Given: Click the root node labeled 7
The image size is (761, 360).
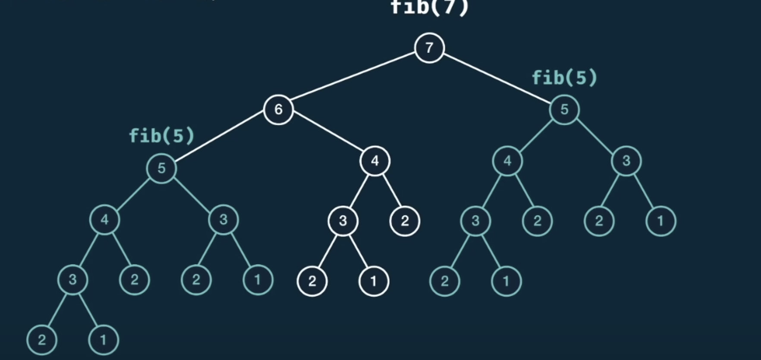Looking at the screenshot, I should point(429,47).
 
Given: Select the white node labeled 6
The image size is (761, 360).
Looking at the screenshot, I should point(278,109).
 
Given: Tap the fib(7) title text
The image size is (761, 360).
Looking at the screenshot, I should point(429,7).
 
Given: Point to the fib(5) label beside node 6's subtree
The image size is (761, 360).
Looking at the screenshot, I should point(162,136).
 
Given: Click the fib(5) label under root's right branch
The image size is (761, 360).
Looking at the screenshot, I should point(564,78).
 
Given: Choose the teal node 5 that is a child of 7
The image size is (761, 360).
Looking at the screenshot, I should point(564,109).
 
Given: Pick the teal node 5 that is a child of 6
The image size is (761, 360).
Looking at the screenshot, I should point(161,168).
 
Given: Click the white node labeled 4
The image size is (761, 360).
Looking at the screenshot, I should point(375,161).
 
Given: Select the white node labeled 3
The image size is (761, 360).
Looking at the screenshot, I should point(343,221).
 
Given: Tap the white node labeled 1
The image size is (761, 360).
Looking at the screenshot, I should point(374,281).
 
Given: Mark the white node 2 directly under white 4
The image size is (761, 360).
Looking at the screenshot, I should point(405,221).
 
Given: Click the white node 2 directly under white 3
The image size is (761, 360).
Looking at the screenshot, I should point(312,281).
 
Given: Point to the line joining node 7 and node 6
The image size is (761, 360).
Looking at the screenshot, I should point(354,78).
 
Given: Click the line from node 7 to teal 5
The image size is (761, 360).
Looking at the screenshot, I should point(496,78).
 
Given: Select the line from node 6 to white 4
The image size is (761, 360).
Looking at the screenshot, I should point(327,135).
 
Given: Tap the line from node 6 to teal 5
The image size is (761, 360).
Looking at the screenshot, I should point(220,139).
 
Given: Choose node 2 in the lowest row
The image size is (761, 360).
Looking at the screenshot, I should point(41,340).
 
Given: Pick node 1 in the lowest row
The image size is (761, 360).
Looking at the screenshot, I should point(103,340).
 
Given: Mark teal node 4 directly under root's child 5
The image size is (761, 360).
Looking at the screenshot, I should point(507,161).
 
